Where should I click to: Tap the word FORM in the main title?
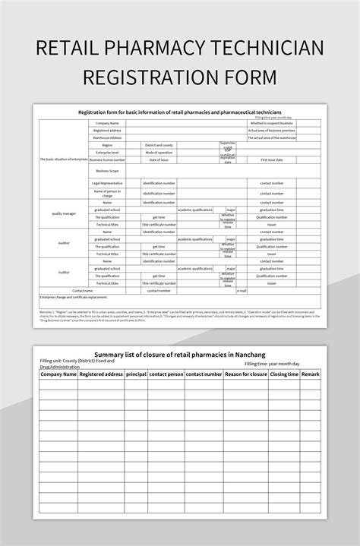[x=245, y=78]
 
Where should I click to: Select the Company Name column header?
[x=58, y=374]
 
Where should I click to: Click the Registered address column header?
[x=101, y=374]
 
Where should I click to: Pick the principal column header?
[x=136, y=374]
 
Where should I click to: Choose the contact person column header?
[x=166, y=374]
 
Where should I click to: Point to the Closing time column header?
[x=283, y=374]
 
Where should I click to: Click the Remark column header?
[x=311, y=374]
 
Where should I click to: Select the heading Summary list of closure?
[x=179, y=354]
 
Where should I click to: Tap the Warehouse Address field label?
[x=107, y=137]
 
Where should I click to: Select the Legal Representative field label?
[x=107, y=183]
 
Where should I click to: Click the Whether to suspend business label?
[x=271, y=122]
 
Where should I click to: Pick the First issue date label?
[x=271, y=160]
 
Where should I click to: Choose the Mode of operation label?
[x=159, y=153]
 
